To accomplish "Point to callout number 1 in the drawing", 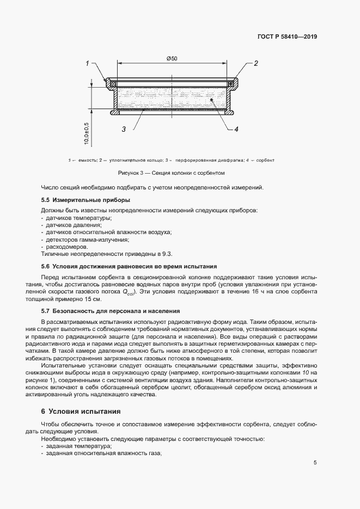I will [87, 64].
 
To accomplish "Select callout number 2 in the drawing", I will [255, 64].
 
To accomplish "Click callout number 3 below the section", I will [124, 129].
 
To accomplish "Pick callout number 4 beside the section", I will [236, 129].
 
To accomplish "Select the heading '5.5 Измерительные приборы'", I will [79, 200].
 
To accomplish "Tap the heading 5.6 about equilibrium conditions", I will [129, 266].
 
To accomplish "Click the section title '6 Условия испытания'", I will [81, 410].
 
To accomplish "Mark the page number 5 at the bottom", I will [315, 463].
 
